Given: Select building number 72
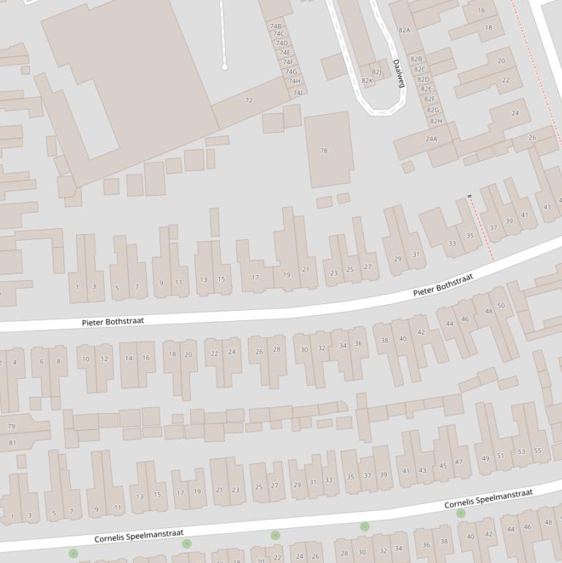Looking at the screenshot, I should point(248,100).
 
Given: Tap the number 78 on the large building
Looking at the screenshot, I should point(324,151).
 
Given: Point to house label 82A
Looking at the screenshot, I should point(404,30).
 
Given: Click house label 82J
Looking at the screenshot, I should point(376,72).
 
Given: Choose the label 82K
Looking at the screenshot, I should point(367,81).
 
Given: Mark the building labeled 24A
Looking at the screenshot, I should point(431,139).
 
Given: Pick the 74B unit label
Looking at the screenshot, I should point(276,26).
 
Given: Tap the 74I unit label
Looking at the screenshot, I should point(297,93).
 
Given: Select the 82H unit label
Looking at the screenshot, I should point(436,121).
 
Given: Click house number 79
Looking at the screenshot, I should point(11,426).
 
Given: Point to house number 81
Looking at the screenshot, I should point(12,442).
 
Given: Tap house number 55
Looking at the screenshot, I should point(538,451).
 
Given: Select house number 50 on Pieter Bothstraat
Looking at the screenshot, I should point(501,306).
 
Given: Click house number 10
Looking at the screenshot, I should point(86,359).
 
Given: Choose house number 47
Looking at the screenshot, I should point(458,462).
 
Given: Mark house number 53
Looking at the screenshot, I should point(521,452).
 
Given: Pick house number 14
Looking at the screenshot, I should point(129,358).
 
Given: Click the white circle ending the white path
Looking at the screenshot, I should point(224,67).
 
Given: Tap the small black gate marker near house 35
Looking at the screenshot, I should point(469,196).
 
